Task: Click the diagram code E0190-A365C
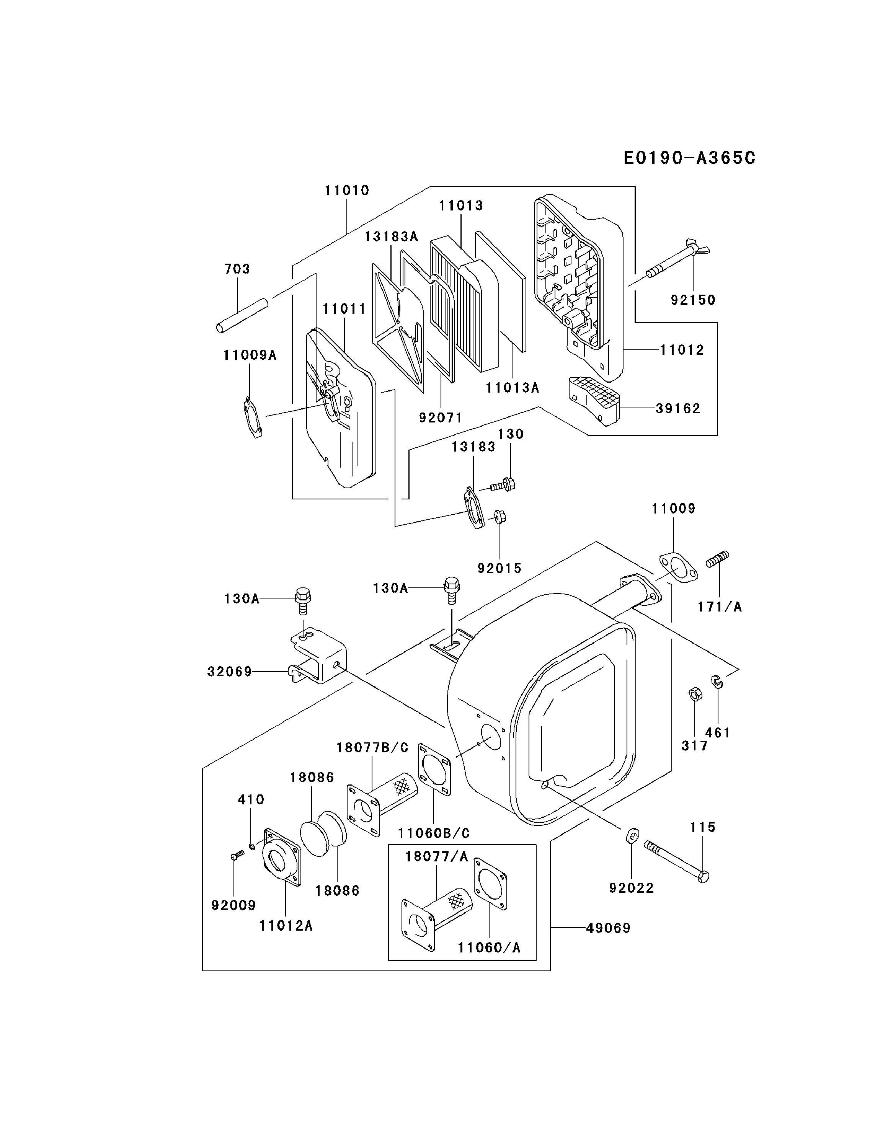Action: tap(689, 158)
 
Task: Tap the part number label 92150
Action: tap(693, 300)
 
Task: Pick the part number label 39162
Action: tap(678, 408)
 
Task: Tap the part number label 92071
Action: tap(441, 417)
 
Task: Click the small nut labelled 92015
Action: tap(499, 517)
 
